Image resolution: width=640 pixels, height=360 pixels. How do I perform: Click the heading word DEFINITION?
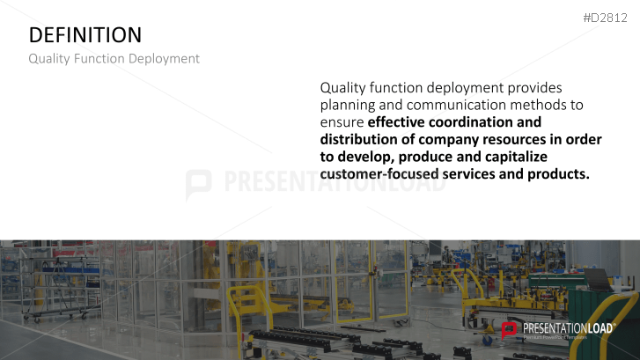coord(85,35)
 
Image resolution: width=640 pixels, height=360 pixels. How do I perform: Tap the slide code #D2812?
coord(605,18)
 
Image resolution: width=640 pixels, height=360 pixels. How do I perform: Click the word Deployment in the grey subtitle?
coord(164,59)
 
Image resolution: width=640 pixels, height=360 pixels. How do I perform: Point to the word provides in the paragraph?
coord(534,88)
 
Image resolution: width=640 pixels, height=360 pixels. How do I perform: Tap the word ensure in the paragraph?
coord(342,122)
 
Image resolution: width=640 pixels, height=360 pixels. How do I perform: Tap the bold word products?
coord(558,174)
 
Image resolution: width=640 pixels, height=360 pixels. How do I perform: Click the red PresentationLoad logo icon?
coord(509,330)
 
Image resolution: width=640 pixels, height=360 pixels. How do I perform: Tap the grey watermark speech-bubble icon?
coord(198,185)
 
